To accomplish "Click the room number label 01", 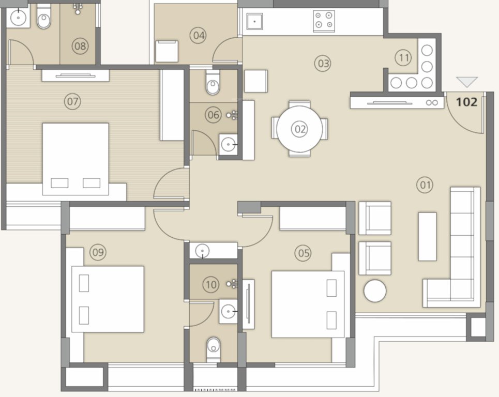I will [426, 185].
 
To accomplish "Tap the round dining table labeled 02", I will [299, 129].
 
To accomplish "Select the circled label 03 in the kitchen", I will [323, 64].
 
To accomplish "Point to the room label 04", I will [198, 36].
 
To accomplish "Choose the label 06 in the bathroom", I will [213, 115].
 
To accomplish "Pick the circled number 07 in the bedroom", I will [72, 101].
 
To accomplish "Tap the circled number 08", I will [80, 46].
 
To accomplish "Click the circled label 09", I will [98, 252].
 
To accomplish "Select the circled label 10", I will [210, 284].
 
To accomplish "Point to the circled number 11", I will [404, 57].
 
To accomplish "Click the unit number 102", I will [466, 101].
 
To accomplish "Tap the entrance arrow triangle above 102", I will [467, 82].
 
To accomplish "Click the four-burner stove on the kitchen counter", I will [323, 20].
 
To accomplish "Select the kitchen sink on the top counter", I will [255, 21].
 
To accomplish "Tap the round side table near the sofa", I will [375, 291].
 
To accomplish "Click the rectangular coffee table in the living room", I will [427, 236].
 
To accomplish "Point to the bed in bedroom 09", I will [108, 299].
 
